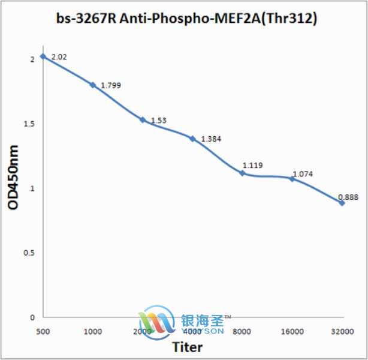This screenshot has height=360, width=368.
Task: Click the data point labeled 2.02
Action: tap(43, 56)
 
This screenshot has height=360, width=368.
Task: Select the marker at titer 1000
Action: tap(93, 85)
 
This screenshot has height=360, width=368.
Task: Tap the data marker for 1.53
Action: tap(143, 119)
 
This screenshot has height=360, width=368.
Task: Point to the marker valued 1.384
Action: tap(192, 139)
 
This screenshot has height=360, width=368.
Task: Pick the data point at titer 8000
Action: tap(242, 173)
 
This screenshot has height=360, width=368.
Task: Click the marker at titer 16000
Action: tap(292, 178)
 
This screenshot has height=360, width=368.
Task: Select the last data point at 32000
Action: tap(342, 203)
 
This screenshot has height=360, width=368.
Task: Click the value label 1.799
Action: tap(111, 86)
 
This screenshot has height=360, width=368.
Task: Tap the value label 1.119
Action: tap(252, 165)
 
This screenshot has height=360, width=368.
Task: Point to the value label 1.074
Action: tap(303, 175)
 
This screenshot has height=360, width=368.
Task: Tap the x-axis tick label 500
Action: tap(43, 331)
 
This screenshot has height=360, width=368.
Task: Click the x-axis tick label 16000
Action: tap(292, 331)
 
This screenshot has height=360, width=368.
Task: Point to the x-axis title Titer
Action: tap(187, 347)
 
